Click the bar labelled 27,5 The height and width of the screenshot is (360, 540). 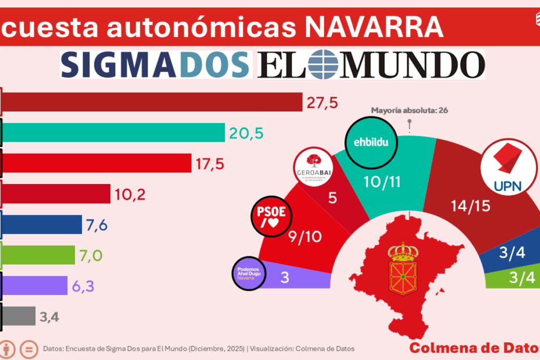pyautogui.click(x=151, y=102)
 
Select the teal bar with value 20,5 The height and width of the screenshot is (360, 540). pyautogui.click(x=113, y=132)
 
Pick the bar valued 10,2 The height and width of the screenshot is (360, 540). pyautogui.click(x=55, y=193)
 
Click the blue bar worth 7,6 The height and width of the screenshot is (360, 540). pyautogui.click(x=41, y=224)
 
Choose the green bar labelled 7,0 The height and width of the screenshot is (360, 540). pyautogui.click(x=38, y=254)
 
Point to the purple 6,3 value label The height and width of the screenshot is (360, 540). pyautogui.click(x=86, y=285)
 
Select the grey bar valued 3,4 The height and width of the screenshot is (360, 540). pyautogui.click(x=18, y=316)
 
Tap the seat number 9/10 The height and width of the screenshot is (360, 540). pyautogui.click(x=304, y=236)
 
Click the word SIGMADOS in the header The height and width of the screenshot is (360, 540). pyautogui.click(x=155, y=64)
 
